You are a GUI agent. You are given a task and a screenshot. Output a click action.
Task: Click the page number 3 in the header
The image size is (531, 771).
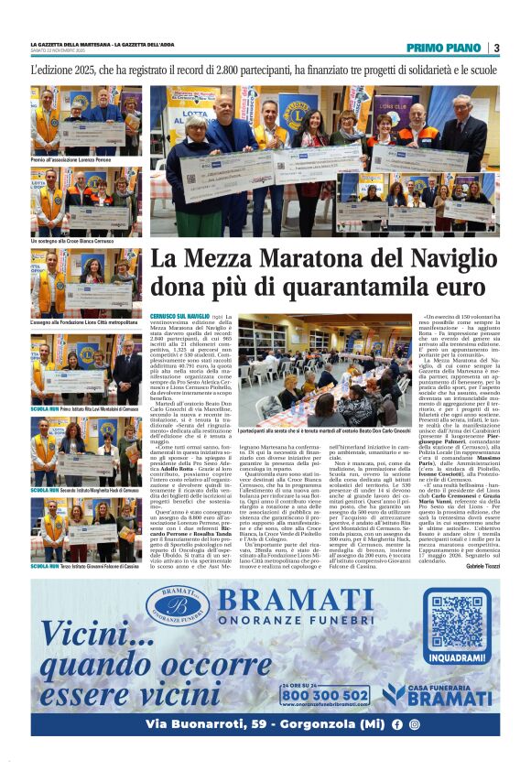(495, 48)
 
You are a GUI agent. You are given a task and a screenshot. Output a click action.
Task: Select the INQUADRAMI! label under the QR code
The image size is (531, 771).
(455, 657)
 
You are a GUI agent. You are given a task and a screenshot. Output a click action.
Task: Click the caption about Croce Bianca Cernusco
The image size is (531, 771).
(73, 240)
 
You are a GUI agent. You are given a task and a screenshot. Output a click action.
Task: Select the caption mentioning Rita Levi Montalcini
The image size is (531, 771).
(86, 408)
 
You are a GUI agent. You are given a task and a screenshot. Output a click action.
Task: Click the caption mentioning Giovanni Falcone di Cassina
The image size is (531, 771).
(86, 567)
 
